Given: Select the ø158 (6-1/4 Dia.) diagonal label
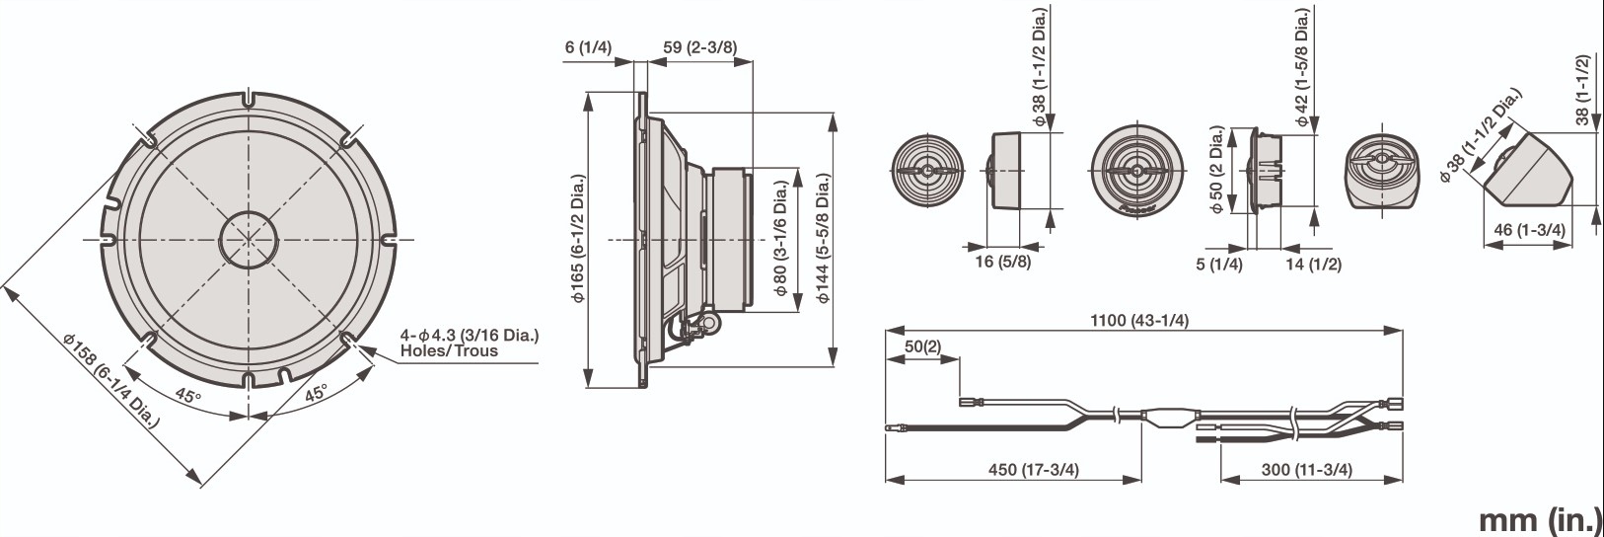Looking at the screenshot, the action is pos(110,380).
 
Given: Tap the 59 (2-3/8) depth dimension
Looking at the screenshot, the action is pos(699,47).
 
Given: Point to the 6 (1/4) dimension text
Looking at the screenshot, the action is pos(589,47).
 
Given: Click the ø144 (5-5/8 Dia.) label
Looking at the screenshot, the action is pos(823,239).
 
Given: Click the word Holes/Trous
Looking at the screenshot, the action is pos(448,350).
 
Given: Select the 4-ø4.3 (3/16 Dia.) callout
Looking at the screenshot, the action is pos(469,335).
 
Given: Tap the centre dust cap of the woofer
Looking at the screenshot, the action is pos(248,239).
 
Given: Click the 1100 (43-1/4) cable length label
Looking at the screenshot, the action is pos(1139,320).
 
